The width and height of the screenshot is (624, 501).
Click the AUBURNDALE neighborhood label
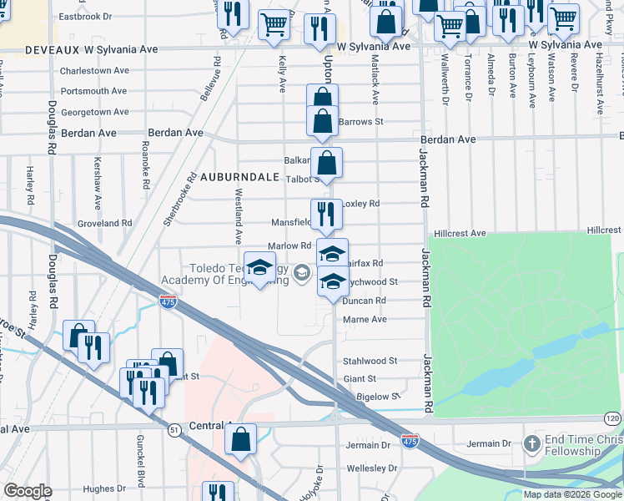(x=238, y=178)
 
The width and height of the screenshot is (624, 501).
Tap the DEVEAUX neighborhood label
(x=27, y=50)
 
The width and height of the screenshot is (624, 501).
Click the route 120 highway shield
(x=613, y=417)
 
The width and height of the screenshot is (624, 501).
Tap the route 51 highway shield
(x=174, y=429)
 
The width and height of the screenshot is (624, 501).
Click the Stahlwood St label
(x=370, y=361)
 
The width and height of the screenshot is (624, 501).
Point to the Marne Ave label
(x=365, y=319)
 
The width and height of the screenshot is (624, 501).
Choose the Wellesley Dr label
(x=370, y=468)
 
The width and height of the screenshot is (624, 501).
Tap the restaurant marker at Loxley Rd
(x=326, y=213)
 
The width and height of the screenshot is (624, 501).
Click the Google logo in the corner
(x=28, y=491)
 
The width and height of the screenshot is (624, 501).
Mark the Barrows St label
(x=360, y=121)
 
